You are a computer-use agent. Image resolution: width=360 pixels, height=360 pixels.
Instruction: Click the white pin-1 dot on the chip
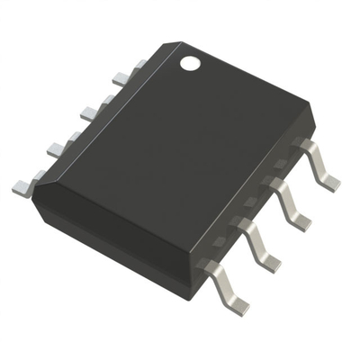[190, 63]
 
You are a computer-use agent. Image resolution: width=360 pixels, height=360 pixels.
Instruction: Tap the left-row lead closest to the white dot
[137, 66]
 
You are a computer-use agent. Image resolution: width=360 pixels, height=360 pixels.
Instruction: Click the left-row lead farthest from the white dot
[22, 186]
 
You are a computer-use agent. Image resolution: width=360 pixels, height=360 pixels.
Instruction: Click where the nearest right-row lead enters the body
[208, 265]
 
